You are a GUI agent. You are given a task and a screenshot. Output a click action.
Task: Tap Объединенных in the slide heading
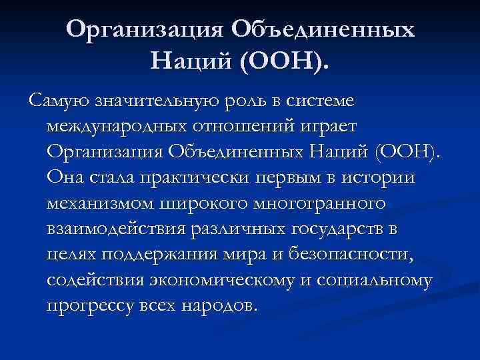pos(323,29)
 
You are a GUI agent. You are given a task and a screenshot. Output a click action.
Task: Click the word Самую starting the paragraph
pos(56,102)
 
